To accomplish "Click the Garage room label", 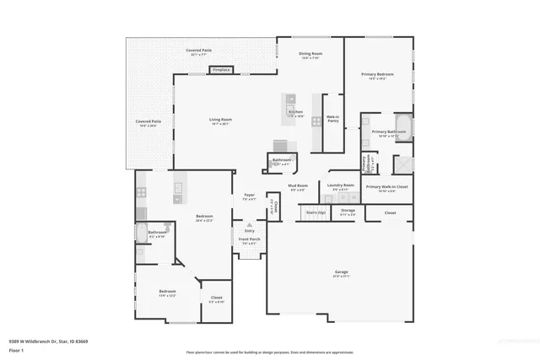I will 342,272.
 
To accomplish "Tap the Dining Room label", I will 310,53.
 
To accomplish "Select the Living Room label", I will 220,120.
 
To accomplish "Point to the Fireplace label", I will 221,69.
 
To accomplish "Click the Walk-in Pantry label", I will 332,119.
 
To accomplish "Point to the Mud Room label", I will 298,186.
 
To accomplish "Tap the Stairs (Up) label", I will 316,212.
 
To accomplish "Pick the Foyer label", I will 250,196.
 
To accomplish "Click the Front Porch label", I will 250,240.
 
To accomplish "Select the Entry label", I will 249,230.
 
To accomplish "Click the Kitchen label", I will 295,112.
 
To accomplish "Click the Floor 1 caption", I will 17,350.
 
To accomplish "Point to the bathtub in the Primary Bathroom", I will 401,129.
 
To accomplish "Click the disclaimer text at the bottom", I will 270,352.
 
